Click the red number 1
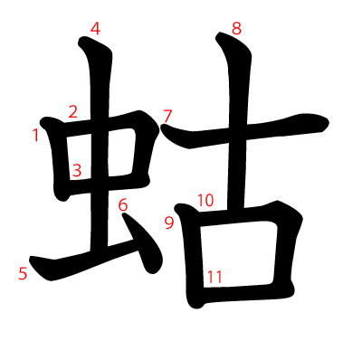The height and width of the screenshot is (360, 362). (x=36, y=136)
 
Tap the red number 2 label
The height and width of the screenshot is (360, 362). (x=72, y=112)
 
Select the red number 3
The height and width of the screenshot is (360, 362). (x=77, y=169)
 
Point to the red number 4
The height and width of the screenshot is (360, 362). (x=95, y=29)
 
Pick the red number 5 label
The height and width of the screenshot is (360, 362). (x=23, y=273)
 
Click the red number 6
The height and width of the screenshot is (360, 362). (x=123, y=204)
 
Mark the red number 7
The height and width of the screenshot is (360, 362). (x=167, y=115)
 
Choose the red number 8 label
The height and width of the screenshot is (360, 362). (x=236, y=29)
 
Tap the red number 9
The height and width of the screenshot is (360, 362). (x=168, y=223)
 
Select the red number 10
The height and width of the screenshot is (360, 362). (x=205, y=201)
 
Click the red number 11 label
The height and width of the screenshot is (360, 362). (x=214, y=277)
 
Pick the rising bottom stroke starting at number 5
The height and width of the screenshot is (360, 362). (x=81, y=261)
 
